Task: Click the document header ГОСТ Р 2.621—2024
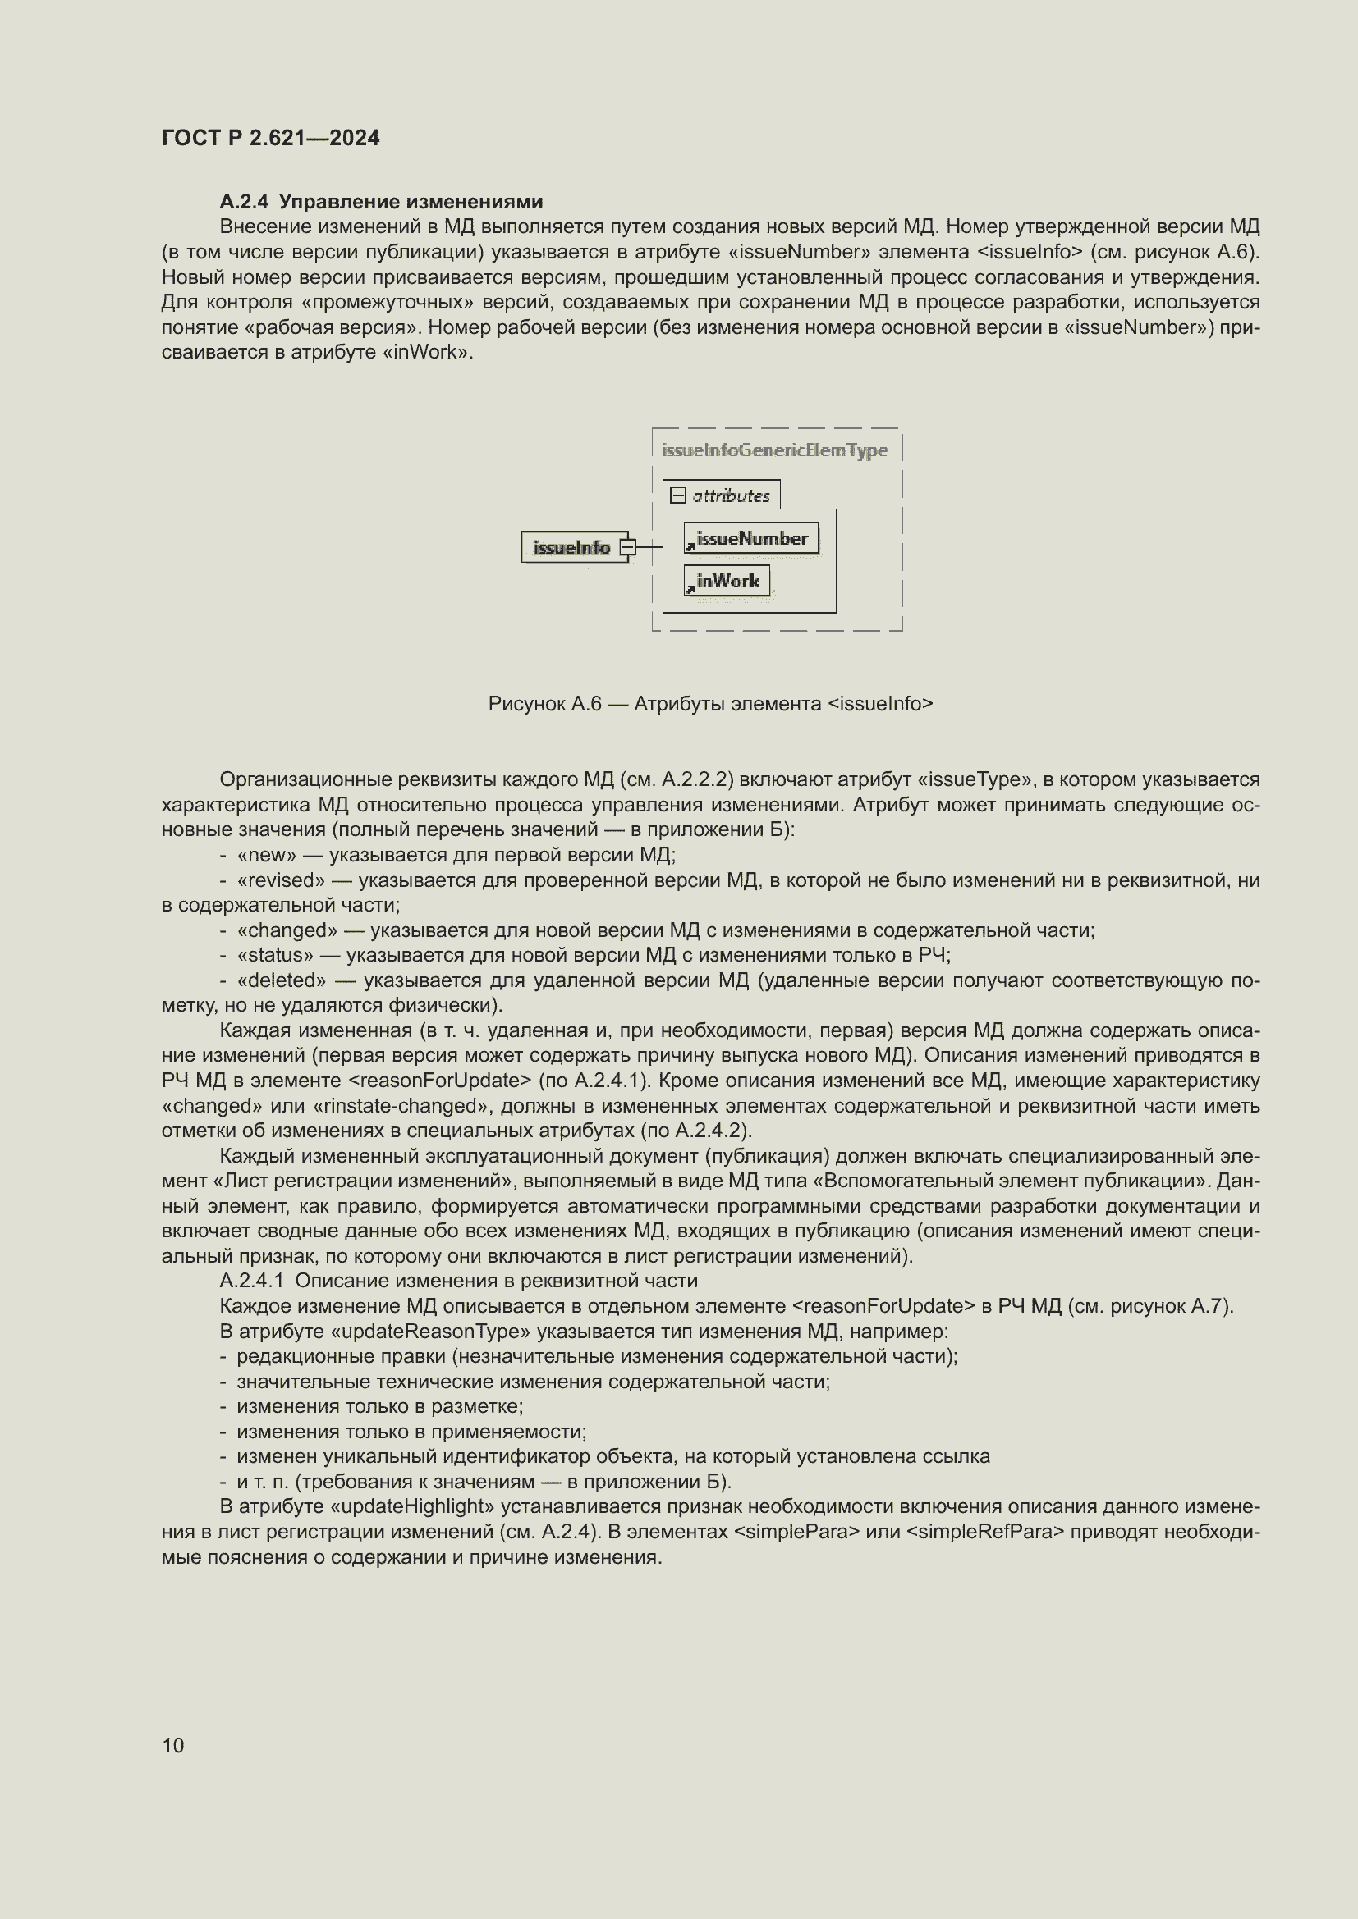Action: coord(270,138)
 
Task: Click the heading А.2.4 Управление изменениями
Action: coord(380,202)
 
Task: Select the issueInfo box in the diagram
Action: coord(573,547)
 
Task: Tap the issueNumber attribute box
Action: coord(751,539)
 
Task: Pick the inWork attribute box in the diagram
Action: coord(727,581)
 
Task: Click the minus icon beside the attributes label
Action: coord(678,496)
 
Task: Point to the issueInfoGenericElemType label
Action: coord(774,450)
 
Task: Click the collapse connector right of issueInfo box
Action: coord(628,547)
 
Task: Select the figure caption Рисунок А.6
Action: coord(710,704)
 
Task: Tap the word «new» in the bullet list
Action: coord(267,854)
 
